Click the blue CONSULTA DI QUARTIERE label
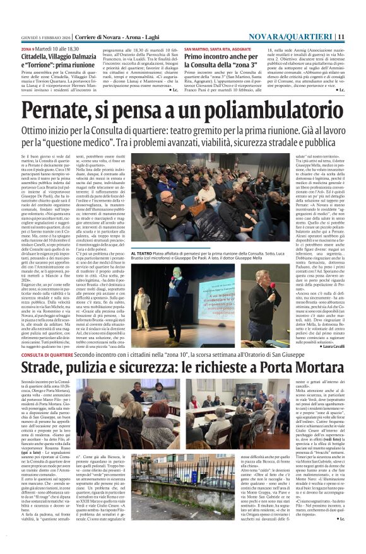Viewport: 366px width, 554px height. [48, 355]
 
